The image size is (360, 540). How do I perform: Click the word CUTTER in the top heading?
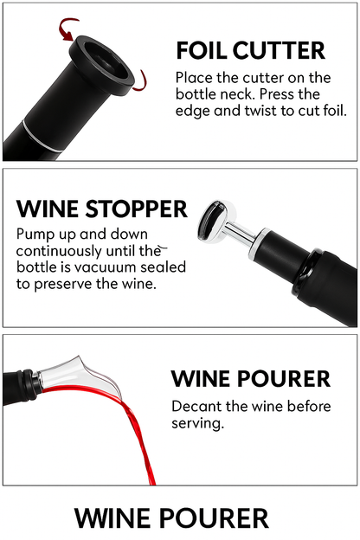279,50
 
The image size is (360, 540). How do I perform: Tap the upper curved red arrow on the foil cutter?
67,29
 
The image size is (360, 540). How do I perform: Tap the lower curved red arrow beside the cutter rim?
140,81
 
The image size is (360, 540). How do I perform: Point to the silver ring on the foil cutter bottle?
42,135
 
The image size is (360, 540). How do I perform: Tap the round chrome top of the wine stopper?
215,222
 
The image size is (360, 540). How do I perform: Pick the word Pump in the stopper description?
31,235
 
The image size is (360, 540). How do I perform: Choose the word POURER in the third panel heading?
284,379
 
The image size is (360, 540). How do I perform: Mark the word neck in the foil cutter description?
240,94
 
